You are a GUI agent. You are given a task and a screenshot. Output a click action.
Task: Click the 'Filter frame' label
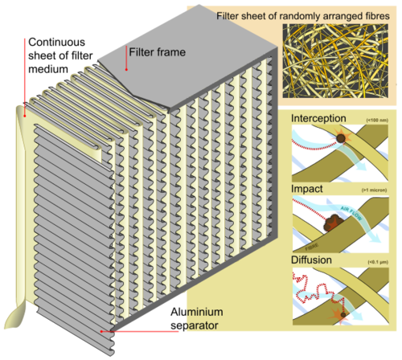pyautogui.click(x=158, y=52)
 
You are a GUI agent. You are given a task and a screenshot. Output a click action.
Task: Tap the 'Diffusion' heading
pyautogui.click(x=312, y=260)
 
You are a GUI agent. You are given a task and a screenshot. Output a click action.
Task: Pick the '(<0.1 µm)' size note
pyautogui.click(x=375, y=262)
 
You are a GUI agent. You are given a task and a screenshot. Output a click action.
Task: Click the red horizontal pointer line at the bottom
pyautogui.click(x=137, y=330)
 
